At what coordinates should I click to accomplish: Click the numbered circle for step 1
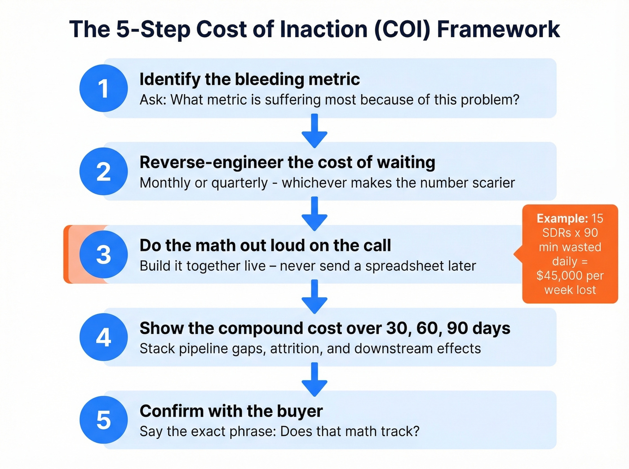(x=104, y=88)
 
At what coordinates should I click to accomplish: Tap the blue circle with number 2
(x=104, y=171)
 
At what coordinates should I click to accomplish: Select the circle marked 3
(x=104, y=254)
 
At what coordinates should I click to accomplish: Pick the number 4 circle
(x=104, y=337)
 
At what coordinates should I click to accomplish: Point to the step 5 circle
(x=104, y=420)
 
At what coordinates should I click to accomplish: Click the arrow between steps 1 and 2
(x=314, y=131)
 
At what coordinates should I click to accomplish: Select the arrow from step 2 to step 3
(x=314, y=214)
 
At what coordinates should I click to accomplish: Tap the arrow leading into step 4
(x=314, y=297)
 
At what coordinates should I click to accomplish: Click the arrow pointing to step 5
(x=314, y=380)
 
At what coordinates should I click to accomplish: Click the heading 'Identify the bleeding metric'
(x=249, y=79)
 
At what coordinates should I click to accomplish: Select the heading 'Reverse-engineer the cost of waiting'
(x=287, y=162)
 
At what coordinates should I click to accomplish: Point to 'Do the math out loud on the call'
(x=265, y=245)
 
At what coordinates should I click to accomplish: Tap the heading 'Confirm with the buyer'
(x=231, y=411)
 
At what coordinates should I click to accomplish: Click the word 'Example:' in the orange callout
(x=562, y=219)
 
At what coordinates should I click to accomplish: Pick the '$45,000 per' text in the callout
(x=570, y=276)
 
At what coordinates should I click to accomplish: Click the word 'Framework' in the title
(x=498, y=30)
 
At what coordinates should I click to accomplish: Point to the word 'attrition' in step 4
(x=296, y=349)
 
